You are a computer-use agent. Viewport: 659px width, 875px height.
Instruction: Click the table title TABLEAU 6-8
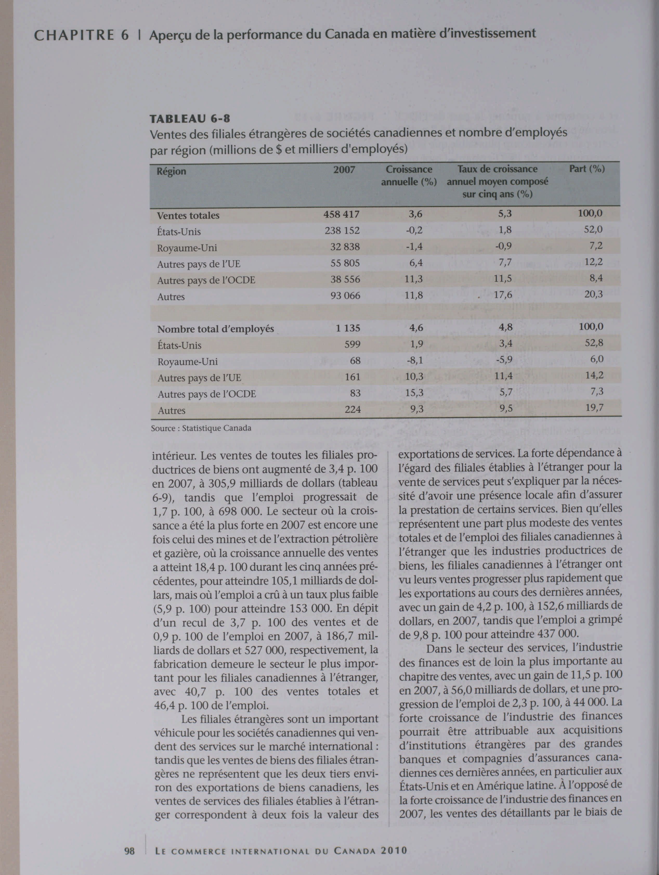click(190, 118)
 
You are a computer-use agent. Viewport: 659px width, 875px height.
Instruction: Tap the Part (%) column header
click(587, 169)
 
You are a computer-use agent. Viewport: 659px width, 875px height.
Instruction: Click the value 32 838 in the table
click(345, 247)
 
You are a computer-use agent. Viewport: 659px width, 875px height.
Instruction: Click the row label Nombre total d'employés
click(216, 329)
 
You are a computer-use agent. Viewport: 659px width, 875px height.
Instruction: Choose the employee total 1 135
click(348, 328)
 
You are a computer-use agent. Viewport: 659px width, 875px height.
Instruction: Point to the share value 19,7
click(594, 407)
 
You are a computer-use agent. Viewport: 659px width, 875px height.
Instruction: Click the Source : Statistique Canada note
click(201, 428)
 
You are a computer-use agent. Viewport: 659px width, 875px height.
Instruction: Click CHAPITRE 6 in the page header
click(81, 36)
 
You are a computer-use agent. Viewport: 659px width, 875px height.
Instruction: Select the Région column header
click(171, 172)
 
